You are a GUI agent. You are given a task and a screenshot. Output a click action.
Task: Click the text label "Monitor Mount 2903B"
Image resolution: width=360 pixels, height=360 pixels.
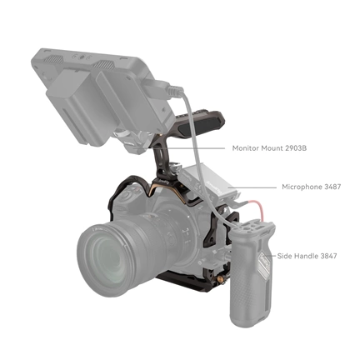point(270,147)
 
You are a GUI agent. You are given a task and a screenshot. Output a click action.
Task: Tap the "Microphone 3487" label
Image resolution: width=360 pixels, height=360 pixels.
point(313,187)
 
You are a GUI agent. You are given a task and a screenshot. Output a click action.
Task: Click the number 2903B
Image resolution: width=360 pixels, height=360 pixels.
point(294,147)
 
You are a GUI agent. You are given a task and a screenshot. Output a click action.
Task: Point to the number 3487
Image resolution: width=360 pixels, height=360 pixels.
point(333,187)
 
